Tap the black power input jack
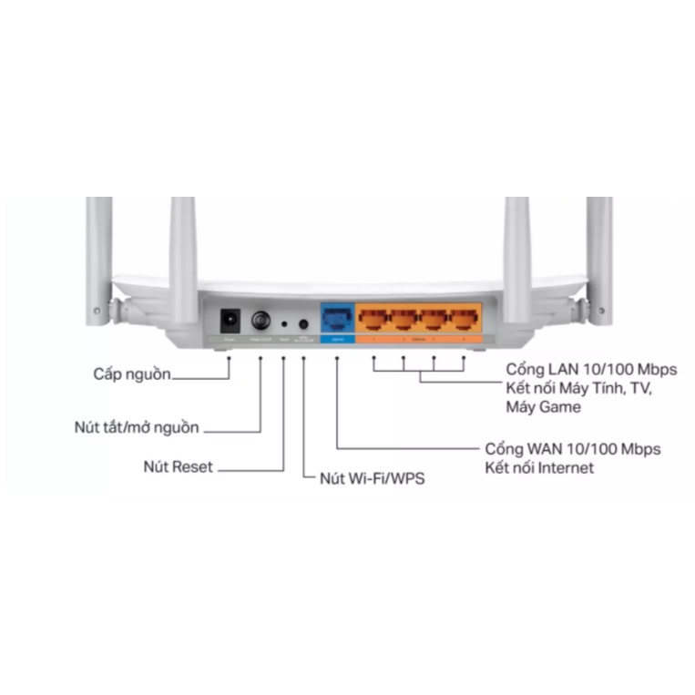[x=230, y=321]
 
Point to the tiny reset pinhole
[x=284, y=323]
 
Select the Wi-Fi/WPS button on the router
[x=302, y=322]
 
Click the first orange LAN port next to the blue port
[x=374, y=319]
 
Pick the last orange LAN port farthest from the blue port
[x=463, y=319]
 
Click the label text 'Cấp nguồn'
[x=131, y=373]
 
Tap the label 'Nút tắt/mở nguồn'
[x=136, y=427]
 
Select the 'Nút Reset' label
[x=178, y=467]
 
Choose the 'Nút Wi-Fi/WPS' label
[x=372, y=477]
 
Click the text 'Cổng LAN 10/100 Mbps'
[x=591, y=371]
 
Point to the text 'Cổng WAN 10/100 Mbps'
[x=572, y=449]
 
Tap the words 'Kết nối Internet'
[x=538, y=468]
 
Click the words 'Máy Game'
[x=543, y=407]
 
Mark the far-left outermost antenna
[x=98, y=255]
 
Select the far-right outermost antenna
[x=598, y=255]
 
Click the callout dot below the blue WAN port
[x=337, y=359]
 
